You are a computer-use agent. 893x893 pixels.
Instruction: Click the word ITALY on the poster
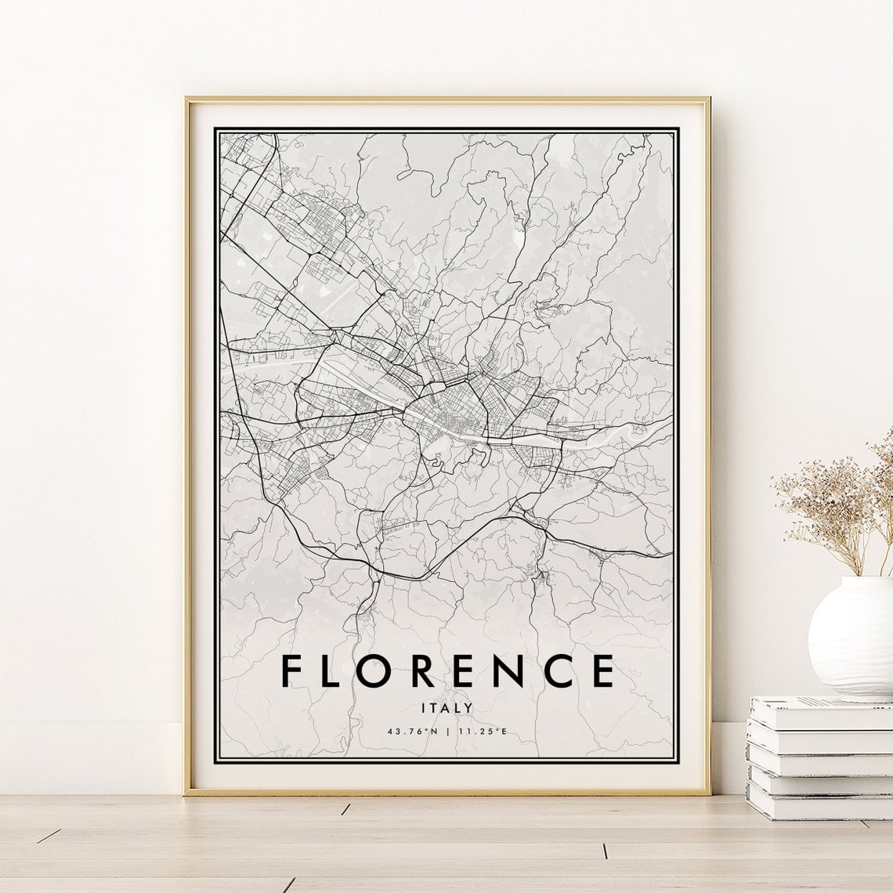click(446, 707)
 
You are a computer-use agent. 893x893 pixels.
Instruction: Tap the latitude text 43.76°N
click(414, 732)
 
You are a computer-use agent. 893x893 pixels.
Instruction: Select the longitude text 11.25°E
click(481, 732)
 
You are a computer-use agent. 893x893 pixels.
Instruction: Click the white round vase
click(849, 635)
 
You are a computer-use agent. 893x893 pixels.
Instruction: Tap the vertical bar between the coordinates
click(447, 732)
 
